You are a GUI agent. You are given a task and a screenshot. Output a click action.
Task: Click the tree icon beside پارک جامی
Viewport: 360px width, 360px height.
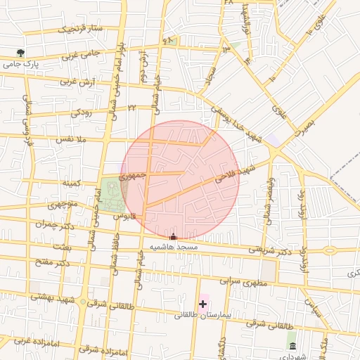(x=20, y=53)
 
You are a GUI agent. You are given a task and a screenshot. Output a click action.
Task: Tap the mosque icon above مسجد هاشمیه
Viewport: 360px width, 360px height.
(x=174, y=237)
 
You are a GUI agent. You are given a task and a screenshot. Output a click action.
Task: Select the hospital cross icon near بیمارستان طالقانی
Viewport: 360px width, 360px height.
(x=203, y=304)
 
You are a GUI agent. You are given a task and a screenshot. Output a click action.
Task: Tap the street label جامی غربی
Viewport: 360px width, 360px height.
(x=79, y=55)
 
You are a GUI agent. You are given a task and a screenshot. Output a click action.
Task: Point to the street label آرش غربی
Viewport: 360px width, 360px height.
(x=76, y=82)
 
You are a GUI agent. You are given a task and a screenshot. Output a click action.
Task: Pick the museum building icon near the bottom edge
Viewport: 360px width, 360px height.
(x=292, y=346)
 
